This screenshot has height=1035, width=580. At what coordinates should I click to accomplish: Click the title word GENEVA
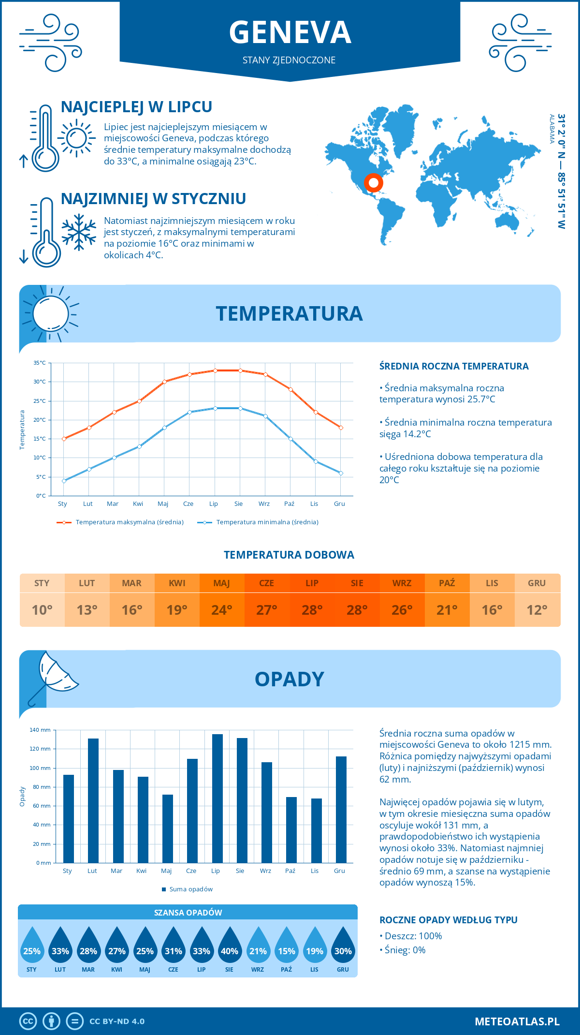pos(290,32)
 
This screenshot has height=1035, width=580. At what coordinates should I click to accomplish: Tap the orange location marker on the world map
pos(373,183)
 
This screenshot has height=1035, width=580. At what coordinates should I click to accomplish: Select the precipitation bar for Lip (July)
pos(217,798)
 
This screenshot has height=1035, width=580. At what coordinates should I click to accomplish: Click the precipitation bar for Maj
pos(168,828)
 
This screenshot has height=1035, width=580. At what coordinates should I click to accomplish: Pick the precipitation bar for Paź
pos(291,830)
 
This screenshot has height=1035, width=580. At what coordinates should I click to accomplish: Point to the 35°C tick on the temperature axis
pos(40,363)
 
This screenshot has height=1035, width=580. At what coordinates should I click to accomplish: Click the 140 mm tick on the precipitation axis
pos(40,730)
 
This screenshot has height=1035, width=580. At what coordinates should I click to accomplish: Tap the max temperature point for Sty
pos(64,439)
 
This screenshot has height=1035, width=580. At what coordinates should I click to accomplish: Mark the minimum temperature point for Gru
pos(341,473)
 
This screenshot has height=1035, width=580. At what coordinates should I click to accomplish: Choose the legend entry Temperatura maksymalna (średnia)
pos(130,522)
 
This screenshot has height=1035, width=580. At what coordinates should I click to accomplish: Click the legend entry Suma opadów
pos(191,889)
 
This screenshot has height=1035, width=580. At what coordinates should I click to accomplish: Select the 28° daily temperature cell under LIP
pos(312,610)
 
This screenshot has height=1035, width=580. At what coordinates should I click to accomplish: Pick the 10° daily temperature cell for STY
pos(42,610)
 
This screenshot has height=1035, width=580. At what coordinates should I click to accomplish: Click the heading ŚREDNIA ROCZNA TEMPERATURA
pos(454,366)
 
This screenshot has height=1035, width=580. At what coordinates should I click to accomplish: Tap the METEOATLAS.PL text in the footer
pos(517,1021)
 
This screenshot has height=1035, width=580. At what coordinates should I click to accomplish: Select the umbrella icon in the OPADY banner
pos(53,677)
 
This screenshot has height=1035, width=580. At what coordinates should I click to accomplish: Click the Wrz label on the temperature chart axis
pos(264,504)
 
